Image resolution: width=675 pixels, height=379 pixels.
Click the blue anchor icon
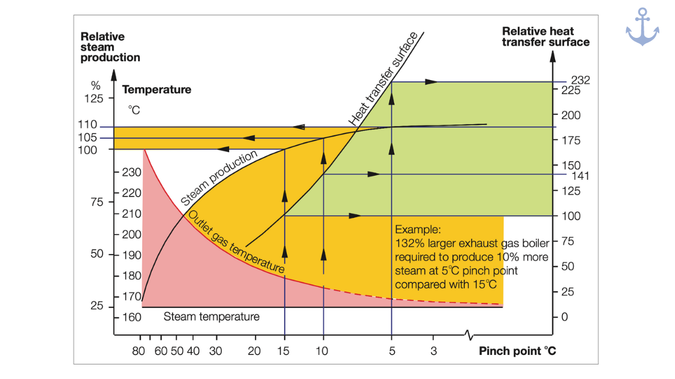[642, 27]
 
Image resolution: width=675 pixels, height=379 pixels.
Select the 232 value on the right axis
[581, 80]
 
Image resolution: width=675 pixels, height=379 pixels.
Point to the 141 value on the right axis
[580, 176]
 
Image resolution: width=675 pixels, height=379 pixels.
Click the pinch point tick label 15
[284, 351]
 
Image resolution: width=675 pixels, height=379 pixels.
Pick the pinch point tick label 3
[433, 351]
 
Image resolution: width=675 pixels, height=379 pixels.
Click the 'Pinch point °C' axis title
[517, 351]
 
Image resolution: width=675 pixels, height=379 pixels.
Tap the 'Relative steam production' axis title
[110, 47]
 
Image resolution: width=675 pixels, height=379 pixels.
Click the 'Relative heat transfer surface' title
[545, 37]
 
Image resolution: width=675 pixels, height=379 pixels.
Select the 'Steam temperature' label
[212, 316]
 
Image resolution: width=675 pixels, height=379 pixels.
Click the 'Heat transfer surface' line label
[384, 79]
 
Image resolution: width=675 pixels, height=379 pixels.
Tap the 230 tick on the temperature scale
[131, 172]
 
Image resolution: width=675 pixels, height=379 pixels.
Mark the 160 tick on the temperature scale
[131, 316]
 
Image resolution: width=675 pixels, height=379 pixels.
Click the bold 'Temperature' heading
[157, 90]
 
